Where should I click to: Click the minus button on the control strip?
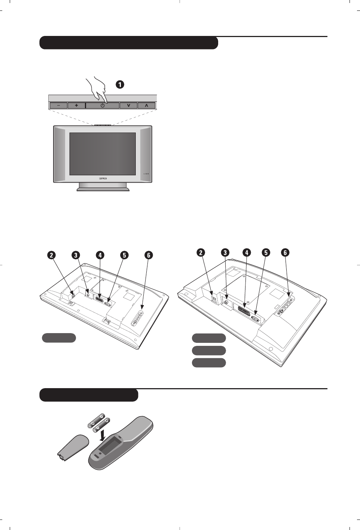(58, 106)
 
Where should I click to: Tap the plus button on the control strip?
(76, 106)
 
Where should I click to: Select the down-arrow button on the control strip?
(128, 106)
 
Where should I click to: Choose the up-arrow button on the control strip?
(146, 106)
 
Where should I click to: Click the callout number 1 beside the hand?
(119, 85)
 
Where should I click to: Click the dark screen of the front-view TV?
(103, 153)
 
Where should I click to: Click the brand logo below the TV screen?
(103, 179)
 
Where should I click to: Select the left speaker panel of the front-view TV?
(60, 153)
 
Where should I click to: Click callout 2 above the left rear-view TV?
(51, 255)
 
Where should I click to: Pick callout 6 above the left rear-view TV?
(149, 255)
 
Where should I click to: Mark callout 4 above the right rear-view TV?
(247, 253)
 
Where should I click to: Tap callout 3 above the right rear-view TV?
(225, 253)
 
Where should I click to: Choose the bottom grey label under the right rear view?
(209, 363)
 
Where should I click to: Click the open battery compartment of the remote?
(109, 448)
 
